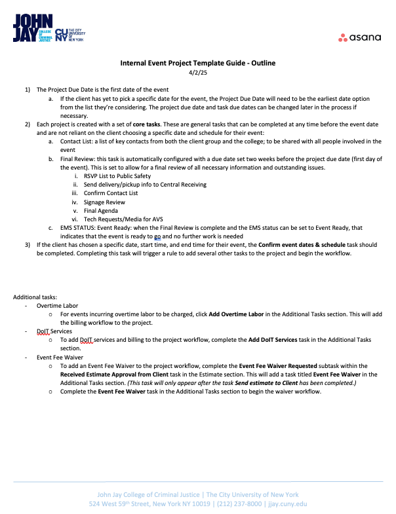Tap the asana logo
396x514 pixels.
coord(359,37)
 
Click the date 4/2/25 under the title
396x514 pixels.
coord(197,73)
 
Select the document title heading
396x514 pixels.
coord(197,63)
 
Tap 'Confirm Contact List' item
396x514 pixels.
coord(111,193)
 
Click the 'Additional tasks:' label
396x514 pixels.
coord(35,297)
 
